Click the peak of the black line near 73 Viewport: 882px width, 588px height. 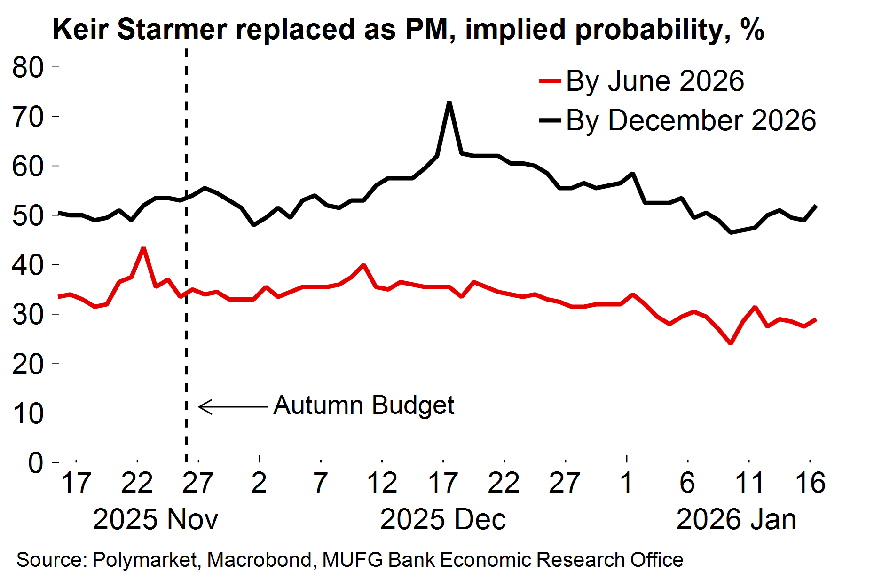[449, 103]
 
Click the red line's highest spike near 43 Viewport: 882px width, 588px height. [143, 248]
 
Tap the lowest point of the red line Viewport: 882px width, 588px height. [731, 343]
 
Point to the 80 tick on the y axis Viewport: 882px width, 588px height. [28, 67]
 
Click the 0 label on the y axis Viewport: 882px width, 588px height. [36, 463]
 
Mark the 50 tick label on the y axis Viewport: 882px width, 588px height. [28, 216]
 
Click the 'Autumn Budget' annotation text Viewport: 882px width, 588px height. [364, 405]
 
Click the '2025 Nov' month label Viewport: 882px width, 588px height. [155, 520]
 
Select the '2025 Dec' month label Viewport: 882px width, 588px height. [442, 520]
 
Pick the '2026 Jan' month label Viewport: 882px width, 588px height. [736, 520]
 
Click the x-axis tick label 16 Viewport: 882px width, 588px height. [810, 483]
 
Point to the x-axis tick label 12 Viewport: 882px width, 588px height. [382, 483]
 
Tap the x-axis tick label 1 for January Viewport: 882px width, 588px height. [626, 483]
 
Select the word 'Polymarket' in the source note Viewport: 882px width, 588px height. [144, 560]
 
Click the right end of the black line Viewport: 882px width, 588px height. [816, 206]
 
